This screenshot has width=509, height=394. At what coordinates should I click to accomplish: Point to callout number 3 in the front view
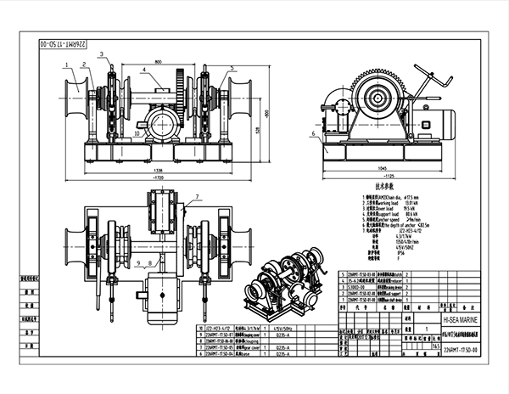103,54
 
